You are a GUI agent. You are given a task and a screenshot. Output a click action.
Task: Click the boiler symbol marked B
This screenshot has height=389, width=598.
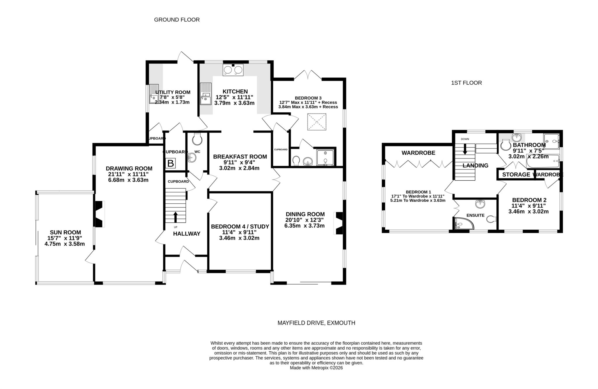(x=171, y=163)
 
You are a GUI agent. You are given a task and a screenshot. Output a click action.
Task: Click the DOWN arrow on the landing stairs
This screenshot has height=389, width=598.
(x=465, y=149)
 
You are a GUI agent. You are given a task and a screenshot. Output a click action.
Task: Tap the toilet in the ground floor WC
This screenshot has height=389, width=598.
(x=197, y=139)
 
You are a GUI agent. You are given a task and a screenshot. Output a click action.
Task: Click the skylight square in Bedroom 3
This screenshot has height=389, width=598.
(x=317, y=122)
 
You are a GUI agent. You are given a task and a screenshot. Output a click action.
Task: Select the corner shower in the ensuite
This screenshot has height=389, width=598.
(x=463, y=224)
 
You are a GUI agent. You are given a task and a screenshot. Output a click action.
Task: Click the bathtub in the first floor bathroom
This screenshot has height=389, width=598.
(x=543, y=162)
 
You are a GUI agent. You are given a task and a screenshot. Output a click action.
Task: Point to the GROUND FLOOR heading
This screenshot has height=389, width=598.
(x=177, y=20)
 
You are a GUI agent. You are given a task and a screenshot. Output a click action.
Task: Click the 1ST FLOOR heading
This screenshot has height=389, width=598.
(x=466, y=83)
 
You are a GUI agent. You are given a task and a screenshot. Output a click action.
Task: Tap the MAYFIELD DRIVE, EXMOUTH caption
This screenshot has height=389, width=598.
(x=316, y=323)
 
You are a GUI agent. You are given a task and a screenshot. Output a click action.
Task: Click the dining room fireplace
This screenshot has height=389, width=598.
(x=339, y=223)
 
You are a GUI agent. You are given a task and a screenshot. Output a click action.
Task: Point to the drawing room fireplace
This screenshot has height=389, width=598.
(x=99, y=214)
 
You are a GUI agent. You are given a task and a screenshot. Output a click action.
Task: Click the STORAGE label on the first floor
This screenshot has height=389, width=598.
(x=516, y=175)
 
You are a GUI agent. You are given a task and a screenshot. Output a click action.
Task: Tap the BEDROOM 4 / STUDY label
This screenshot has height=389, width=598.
(x=240, y=227)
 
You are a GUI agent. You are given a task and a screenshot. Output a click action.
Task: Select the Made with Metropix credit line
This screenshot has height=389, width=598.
(x=316, y=368)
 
